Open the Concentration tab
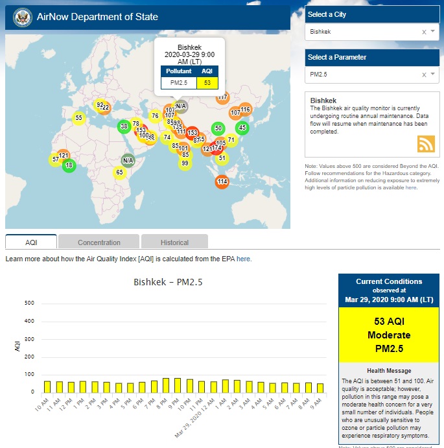pyautogui.click(x=99, y=242)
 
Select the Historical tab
pyautogui.click(x=174, y=242)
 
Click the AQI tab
pyautogui.click(x=31, y=242)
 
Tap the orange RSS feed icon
pyautogui.click(x=426, y=144)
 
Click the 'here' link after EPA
pyautogui.click(x=244, y=259)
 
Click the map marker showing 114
pyautogui.click(x=222, y=182)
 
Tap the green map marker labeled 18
pyautogui.click(x=69, y=165)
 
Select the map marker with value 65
pyautogui.click(x=119, y=172)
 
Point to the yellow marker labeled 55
pyautogui.click(x=78, y=118)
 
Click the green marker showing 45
pyautogui.click(x=242, y=128)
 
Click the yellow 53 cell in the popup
pyautogui.click(x=207, y=83)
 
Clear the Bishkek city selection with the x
pyautogui.click(x=424, y=32)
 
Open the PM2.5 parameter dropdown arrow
pyautogui.click(x=432, y=75)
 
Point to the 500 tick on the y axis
pyautogui.click(x=29, y=303)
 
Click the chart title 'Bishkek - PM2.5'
pyautogui.click(x=167, y=282)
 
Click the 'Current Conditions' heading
pyautogui.click(x=388, y=281)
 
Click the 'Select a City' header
pyautogui.click(x=327, y=14)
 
